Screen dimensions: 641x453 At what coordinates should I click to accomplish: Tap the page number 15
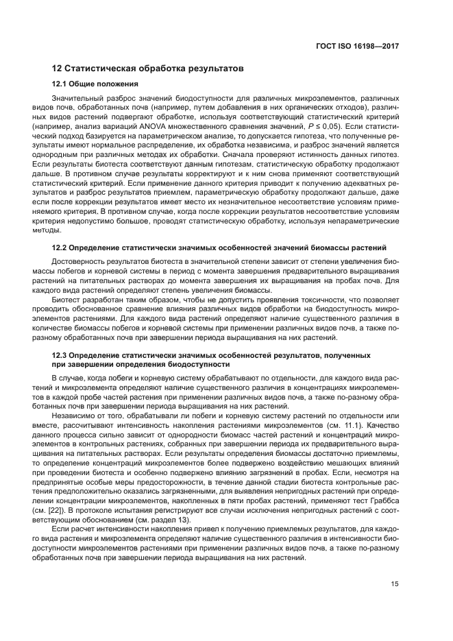395,583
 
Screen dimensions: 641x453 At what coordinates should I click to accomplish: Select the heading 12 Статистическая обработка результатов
148,69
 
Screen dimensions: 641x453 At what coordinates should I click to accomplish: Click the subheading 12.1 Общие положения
95,84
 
